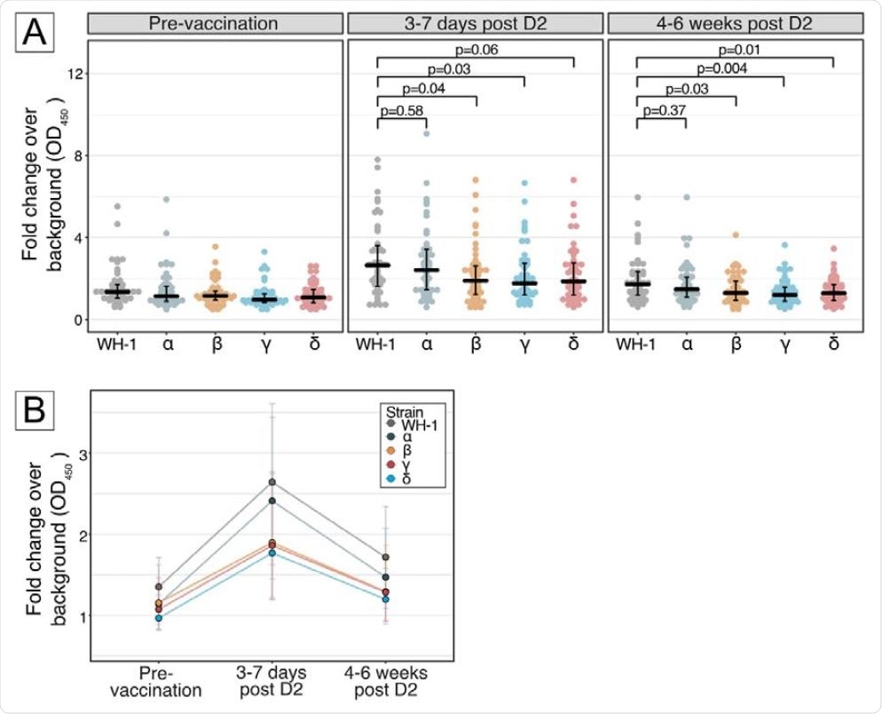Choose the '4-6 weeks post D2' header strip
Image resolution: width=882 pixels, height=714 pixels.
(735, 25)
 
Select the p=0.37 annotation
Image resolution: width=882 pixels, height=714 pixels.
(663, 110)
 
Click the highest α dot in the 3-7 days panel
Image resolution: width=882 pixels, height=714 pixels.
(428, 134)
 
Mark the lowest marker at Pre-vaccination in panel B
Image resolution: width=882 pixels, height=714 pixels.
(158, 618)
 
